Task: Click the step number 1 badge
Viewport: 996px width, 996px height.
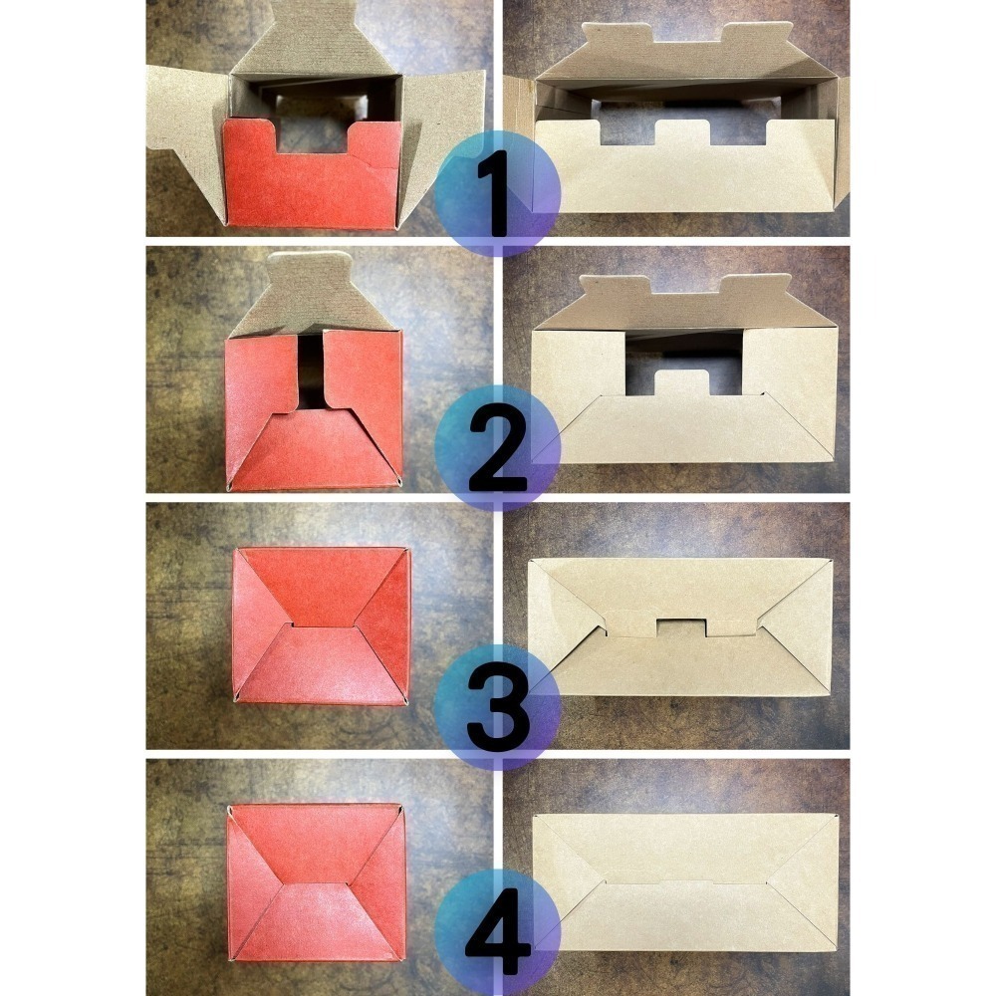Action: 497,193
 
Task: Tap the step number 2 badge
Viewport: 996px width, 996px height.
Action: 497,448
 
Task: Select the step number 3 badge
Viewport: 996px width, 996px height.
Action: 497,707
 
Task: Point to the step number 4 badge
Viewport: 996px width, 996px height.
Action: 497,932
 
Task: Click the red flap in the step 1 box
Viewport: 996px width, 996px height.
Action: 311,184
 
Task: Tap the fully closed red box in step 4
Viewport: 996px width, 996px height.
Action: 317,882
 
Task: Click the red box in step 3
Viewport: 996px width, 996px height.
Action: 321,625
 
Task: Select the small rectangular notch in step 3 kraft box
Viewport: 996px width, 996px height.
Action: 681,627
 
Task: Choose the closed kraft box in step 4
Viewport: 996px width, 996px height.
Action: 685,882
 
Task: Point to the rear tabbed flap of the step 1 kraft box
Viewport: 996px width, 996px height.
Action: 686,54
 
